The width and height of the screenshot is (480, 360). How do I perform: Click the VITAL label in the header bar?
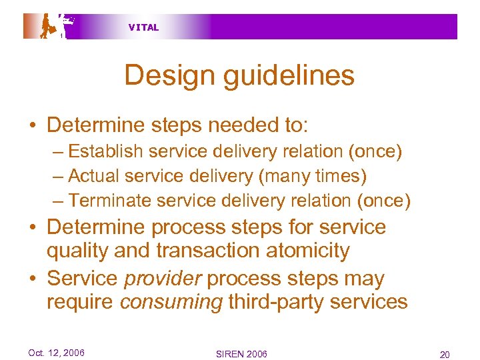(143, 27)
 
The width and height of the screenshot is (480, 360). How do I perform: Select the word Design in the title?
(168, 75)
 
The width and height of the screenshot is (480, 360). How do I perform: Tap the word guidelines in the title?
(286, 75)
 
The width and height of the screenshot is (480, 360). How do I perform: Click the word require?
(80, 301)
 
